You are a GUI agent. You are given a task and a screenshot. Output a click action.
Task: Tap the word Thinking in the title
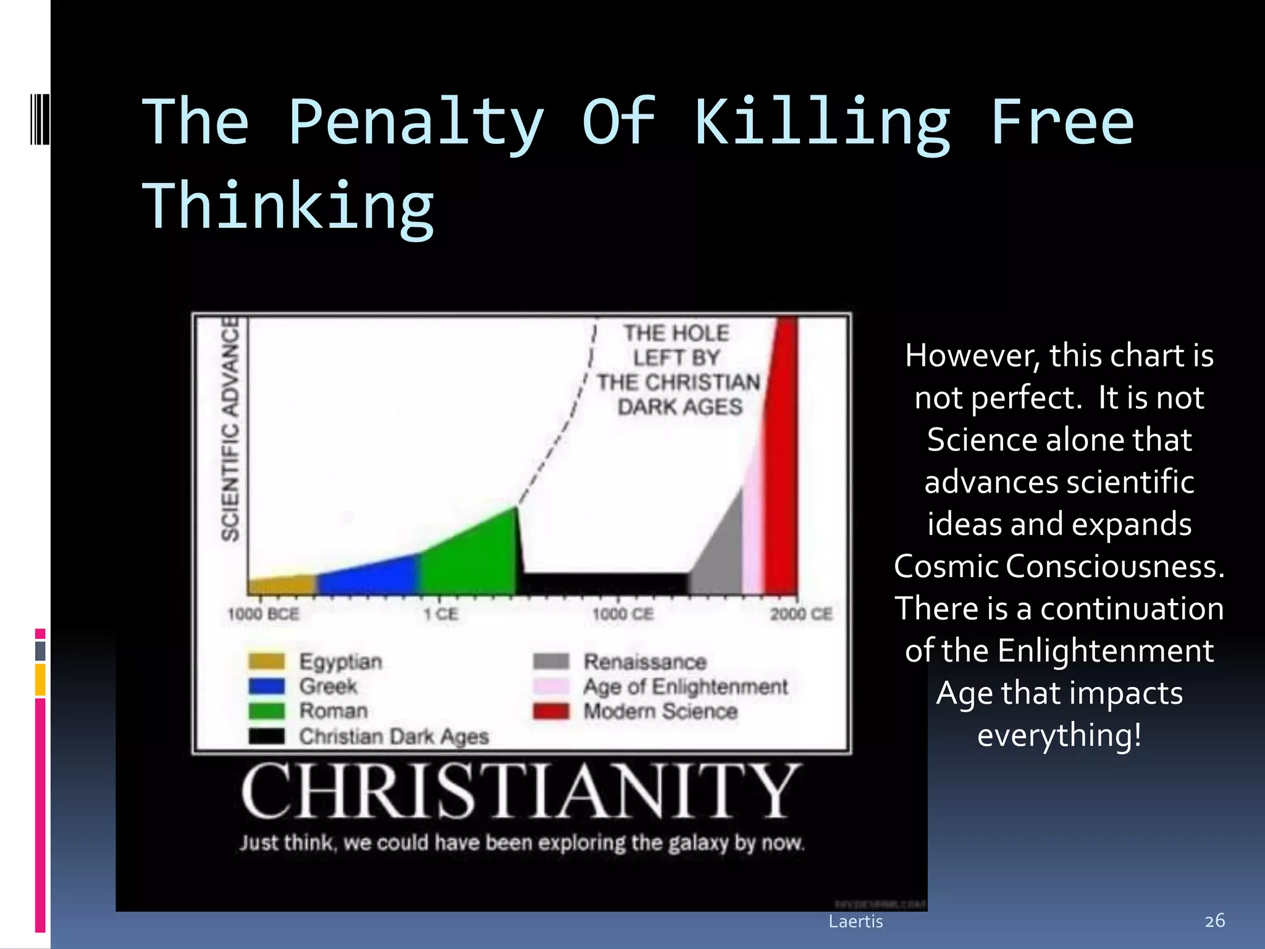tap(288, 207)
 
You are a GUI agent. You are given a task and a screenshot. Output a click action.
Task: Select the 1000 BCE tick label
tap(263, 614)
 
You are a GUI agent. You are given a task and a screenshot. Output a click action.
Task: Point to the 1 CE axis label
tap(441, 614)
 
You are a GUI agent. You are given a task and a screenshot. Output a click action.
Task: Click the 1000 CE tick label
tap(623, 614)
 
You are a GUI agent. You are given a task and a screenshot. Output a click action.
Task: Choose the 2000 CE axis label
tap(801, 614)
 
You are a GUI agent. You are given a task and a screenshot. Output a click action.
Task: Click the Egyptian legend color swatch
tap(267, 661)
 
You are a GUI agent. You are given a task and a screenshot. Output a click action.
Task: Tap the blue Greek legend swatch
tap(267, 686)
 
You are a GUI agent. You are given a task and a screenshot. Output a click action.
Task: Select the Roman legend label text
tap(334, 711)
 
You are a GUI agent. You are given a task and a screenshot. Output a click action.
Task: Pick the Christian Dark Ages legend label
tap(394, 736)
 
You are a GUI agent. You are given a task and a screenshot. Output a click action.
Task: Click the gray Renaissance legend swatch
tap(551, 661)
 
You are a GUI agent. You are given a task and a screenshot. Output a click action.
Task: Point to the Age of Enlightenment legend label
tap(686, 686)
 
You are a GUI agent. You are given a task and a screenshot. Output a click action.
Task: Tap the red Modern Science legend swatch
tap(551, 711)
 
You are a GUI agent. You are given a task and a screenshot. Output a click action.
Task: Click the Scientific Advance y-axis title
tap(230, 429)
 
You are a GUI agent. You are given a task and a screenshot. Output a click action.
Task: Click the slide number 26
tap(1214, 921)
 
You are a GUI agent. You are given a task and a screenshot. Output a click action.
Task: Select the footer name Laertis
tap(855, 921)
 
